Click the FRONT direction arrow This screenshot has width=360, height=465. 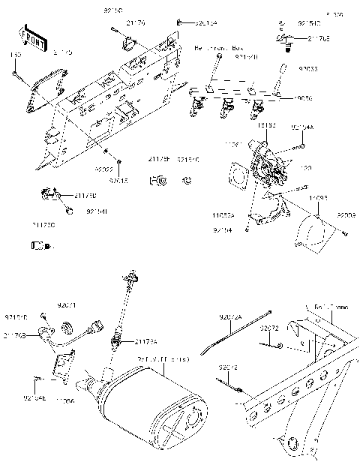click(31, 38)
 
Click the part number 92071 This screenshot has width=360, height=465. click(67, 306)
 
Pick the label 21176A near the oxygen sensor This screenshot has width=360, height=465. click(146, 342)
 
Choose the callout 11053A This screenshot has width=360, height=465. click(223, 214)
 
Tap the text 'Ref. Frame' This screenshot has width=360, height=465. click(331, 307)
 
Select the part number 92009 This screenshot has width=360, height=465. click(346, 216)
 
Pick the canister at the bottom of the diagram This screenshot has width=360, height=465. click(154, 412)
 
